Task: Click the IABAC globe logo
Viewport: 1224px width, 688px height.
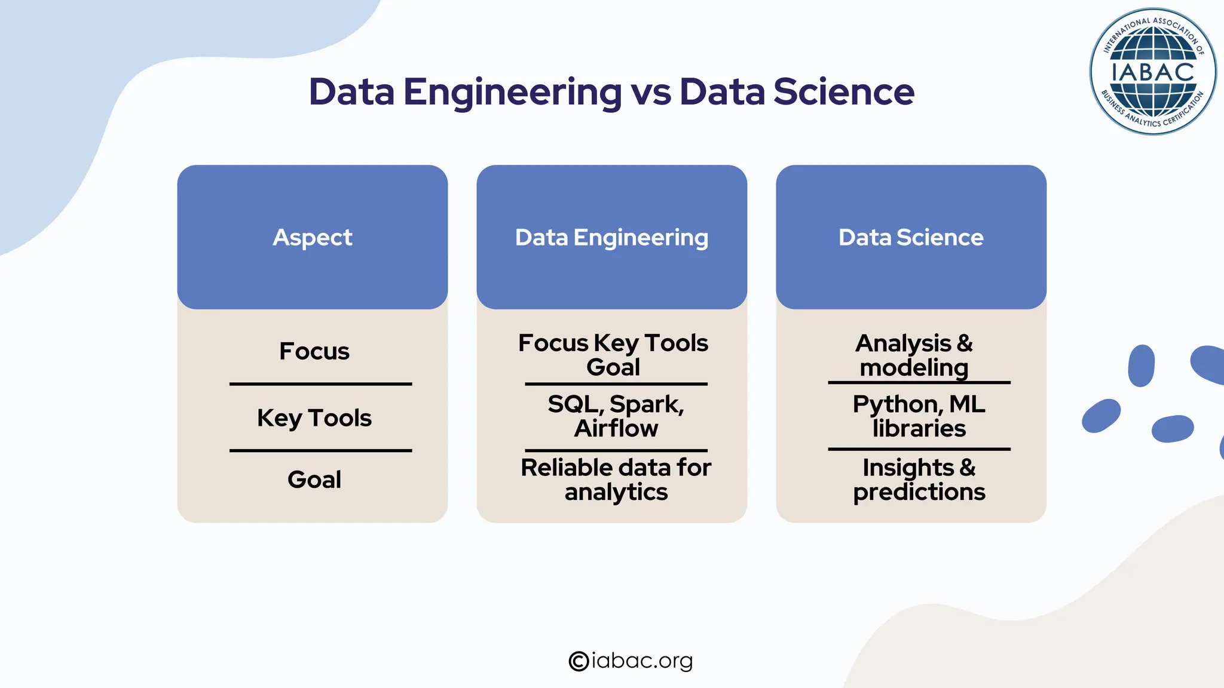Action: (x=1152, y=72)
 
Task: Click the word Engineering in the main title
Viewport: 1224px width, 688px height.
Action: (x=512, y=93)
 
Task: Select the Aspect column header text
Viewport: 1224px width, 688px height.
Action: (x=313, y=237)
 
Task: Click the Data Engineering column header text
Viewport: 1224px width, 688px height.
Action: (x=611, y=237)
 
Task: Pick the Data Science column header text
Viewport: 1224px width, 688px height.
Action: (x=911, y=237)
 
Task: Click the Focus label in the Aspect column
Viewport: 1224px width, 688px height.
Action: (x=314, y=351)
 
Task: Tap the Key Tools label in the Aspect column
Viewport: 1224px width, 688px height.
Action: (x=314, y=418)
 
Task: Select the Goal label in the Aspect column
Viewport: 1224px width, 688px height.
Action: (x=314, y=480)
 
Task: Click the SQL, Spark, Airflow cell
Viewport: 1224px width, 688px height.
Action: (x=616, y=416)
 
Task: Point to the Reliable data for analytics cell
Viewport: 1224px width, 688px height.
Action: (x=616, y=480)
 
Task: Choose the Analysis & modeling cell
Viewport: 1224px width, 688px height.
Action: (x=914, y=355)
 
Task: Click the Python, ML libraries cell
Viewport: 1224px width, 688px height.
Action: (x=919, y=416)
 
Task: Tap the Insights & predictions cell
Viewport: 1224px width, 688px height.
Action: (x=919, y=480)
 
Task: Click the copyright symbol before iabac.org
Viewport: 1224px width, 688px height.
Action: (x=579, y=661)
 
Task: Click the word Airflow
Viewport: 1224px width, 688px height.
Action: (x=616, y=429)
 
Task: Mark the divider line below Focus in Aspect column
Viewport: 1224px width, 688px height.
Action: (x=321, y=384)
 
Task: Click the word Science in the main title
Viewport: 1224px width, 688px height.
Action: (x=843, y=93)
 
